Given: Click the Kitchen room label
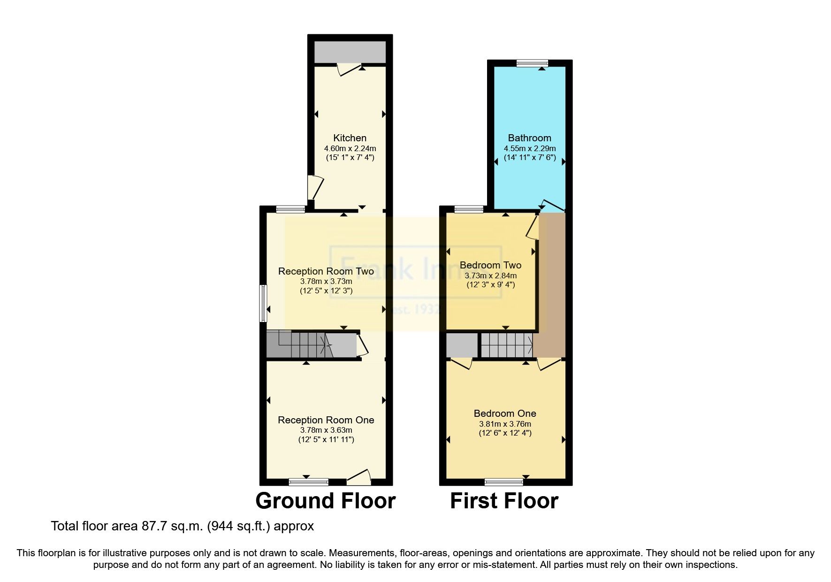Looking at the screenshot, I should pos(350,138).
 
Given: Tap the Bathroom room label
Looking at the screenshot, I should pos(529,138).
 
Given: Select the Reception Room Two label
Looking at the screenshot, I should pos(326,271).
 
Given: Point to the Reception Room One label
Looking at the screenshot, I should pos(326,420).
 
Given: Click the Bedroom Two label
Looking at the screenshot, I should pos(490,265).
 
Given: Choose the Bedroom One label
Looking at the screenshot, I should pos(505,414).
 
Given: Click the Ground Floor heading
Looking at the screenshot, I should pos(325,501).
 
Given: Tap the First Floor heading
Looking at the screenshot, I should pos(504,501).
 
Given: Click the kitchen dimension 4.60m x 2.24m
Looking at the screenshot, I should pos(350,148).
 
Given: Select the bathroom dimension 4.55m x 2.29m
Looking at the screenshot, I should pos(530,148).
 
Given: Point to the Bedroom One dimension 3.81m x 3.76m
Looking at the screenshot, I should pos(505,424).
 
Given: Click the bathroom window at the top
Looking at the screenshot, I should pos(532,63).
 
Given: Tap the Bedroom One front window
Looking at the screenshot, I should pos(503,482).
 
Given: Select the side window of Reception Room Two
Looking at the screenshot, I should pos(264,303).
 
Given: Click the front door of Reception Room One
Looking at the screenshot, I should pos(359,479).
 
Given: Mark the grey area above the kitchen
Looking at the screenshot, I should pos(350,52).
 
